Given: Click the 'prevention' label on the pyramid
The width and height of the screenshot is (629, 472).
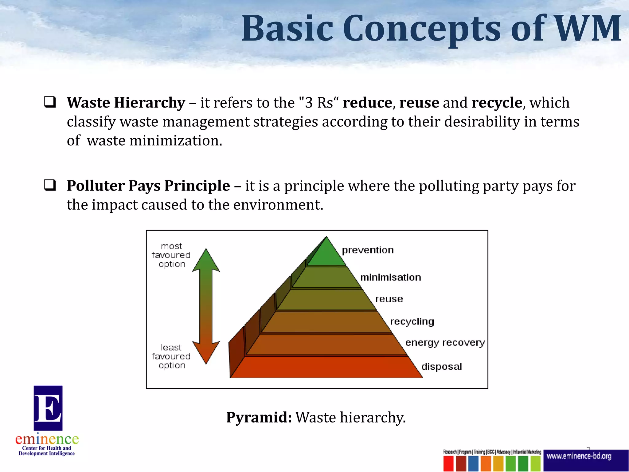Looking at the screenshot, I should click(368, 250).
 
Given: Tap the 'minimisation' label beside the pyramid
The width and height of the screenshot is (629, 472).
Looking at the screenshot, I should click(390, 277).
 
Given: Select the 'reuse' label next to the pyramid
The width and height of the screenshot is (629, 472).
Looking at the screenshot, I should click(389, 299).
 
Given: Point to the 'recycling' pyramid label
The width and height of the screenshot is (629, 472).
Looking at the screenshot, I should click(412, 321).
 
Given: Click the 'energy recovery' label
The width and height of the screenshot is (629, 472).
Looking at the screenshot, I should click(445, 343).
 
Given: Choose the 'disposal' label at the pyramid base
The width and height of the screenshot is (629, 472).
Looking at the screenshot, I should click(441, 367).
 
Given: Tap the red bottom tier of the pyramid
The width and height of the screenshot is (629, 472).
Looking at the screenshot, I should click(326, 367).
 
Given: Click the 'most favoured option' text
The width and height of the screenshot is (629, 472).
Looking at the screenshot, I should click(171, 255).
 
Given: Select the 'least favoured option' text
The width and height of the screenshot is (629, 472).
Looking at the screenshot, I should click(171, 356).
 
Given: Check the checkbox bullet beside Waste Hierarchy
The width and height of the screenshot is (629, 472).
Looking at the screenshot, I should click(50, 102).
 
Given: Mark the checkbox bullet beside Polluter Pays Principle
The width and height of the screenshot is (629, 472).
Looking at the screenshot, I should click(50, 185).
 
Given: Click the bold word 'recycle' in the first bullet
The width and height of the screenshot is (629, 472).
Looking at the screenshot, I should click(497, 103).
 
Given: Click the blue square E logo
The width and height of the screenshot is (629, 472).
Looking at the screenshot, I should click(48, 408).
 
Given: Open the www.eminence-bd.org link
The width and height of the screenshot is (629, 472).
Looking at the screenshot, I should click(579, 456).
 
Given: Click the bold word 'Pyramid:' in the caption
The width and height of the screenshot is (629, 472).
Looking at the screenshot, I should click(259, 417).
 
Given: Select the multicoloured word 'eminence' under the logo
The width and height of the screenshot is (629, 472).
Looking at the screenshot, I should click(47, 439).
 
